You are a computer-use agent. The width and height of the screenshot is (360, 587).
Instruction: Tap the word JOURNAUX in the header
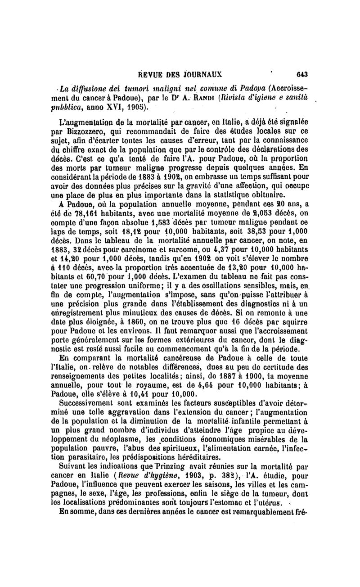202,75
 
